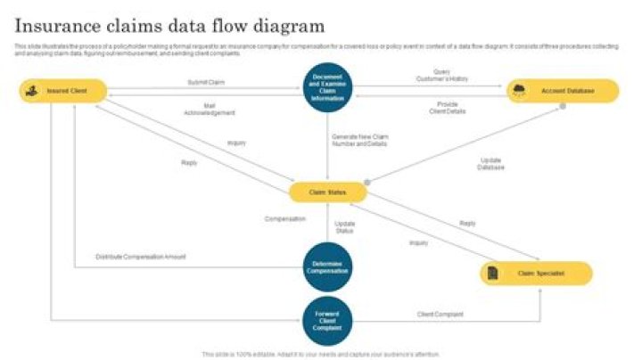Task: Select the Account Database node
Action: coord(564,91)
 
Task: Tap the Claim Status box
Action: coord(327,192)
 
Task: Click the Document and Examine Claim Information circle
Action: coord(327,86)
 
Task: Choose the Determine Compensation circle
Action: coord(327,266)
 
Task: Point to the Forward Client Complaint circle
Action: coord(327,321)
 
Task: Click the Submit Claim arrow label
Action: coord(205,82)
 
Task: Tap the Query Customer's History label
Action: coord(441,75)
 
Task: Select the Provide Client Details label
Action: coord(448,107)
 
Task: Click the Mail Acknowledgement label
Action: coord(210,110)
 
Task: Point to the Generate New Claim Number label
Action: coord(361,140)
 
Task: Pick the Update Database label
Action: coord(490,164)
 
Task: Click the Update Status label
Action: coord(344,227)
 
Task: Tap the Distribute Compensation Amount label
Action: coord(141,257)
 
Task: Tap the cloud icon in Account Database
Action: coord(519,91)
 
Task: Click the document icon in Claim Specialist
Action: coord(492,274)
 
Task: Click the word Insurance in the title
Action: coord(60,26)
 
